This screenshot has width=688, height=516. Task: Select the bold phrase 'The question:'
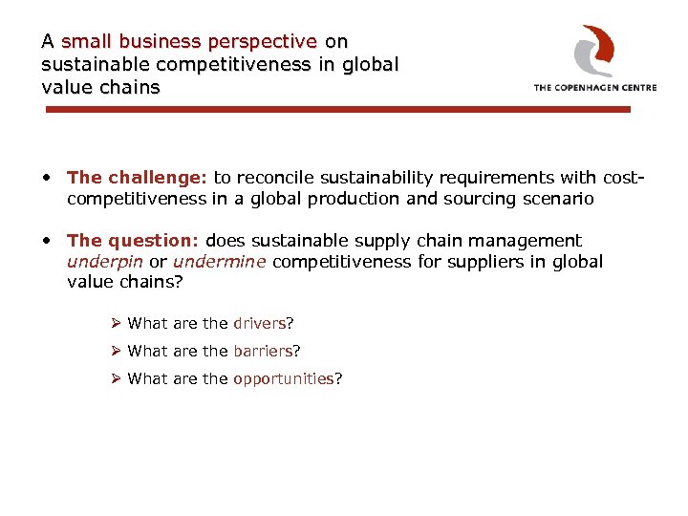point(134,241)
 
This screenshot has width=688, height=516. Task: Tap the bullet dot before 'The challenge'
point(47,178)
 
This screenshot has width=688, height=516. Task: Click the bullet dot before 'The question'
point(47,242)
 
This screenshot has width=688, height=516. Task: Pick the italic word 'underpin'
point(103,262)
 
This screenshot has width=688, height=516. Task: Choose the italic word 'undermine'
point(220,262)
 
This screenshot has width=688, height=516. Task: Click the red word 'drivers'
point(259,323)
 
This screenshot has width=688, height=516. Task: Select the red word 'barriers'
point(263,351)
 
